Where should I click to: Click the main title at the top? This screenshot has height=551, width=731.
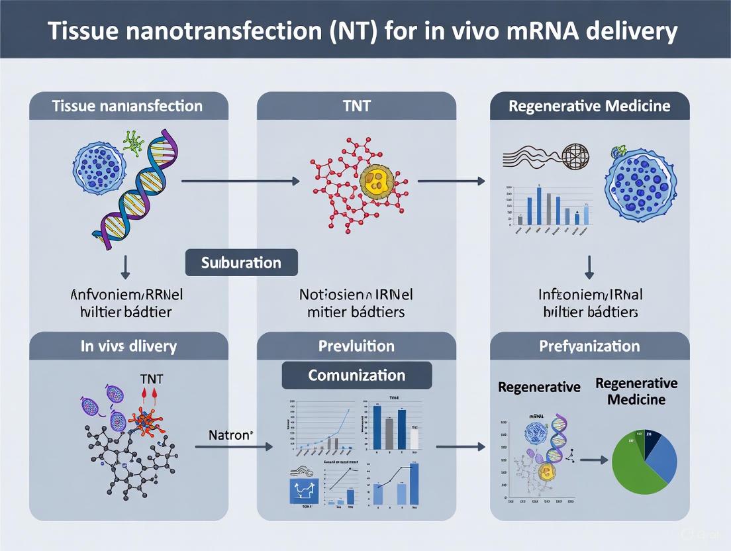pos(365,30)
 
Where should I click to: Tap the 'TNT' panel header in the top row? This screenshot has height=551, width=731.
pos(356,106)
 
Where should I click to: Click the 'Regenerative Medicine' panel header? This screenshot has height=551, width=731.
pos(589,106)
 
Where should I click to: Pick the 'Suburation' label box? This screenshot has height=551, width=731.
pos(241,263)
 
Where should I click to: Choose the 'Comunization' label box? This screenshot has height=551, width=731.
pos(356,376)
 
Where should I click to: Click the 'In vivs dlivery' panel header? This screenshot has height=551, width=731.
pos(128,346)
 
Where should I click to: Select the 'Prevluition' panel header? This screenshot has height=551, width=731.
pos(356,346)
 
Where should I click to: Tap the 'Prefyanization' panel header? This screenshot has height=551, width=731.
pos(589,346)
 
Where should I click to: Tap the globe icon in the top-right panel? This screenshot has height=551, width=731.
pos(574,156)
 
